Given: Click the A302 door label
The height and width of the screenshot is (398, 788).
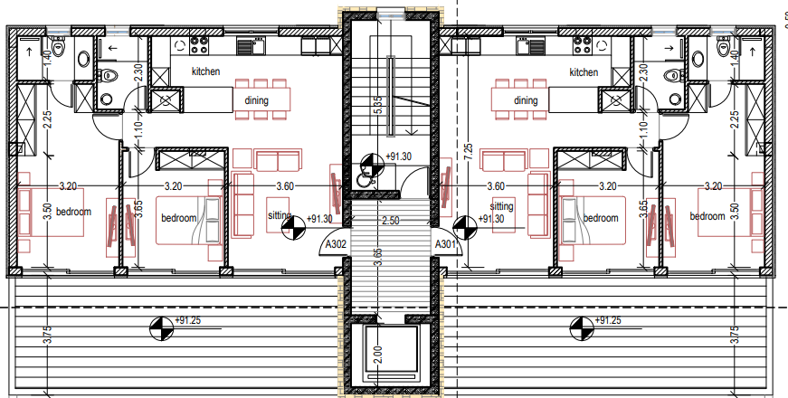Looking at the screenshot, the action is click(336, 245).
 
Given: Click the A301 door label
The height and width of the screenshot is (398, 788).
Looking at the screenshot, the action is click(445, 245).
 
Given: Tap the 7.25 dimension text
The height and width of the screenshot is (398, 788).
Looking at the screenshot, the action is click(469, 152).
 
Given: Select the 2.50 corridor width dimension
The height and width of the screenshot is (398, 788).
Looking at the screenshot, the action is click(391, 221).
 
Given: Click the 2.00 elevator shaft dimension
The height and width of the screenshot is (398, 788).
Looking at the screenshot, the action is click(378, 355).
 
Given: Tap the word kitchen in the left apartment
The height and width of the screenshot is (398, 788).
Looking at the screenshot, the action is click(205, 71).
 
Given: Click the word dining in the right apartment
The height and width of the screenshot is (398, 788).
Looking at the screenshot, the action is click(526, 100).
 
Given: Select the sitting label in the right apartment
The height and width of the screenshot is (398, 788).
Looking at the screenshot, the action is click(501, 206).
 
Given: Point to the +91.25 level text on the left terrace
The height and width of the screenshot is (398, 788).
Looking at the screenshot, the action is click(187, 320).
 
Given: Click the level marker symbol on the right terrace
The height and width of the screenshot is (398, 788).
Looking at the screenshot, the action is click(582, 328).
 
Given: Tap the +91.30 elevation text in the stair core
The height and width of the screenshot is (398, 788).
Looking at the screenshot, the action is click(398, 156).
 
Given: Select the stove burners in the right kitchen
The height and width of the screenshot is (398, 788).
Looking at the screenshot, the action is click(582, 45).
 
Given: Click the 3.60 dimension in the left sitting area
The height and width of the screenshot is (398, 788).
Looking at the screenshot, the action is click(285, 186).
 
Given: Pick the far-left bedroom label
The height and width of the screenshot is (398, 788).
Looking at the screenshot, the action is click(73, 212).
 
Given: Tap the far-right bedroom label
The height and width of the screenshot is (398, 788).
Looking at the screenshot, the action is click(707, 216).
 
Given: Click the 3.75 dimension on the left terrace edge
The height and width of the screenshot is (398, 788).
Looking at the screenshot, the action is click(48, 336).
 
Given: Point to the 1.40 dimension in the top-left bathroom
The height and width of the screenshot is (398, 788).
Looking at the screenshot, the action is click(48, 60).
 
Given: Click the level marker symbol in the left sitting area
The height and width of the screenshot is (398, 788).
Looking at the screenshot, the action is click(293, 228).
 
